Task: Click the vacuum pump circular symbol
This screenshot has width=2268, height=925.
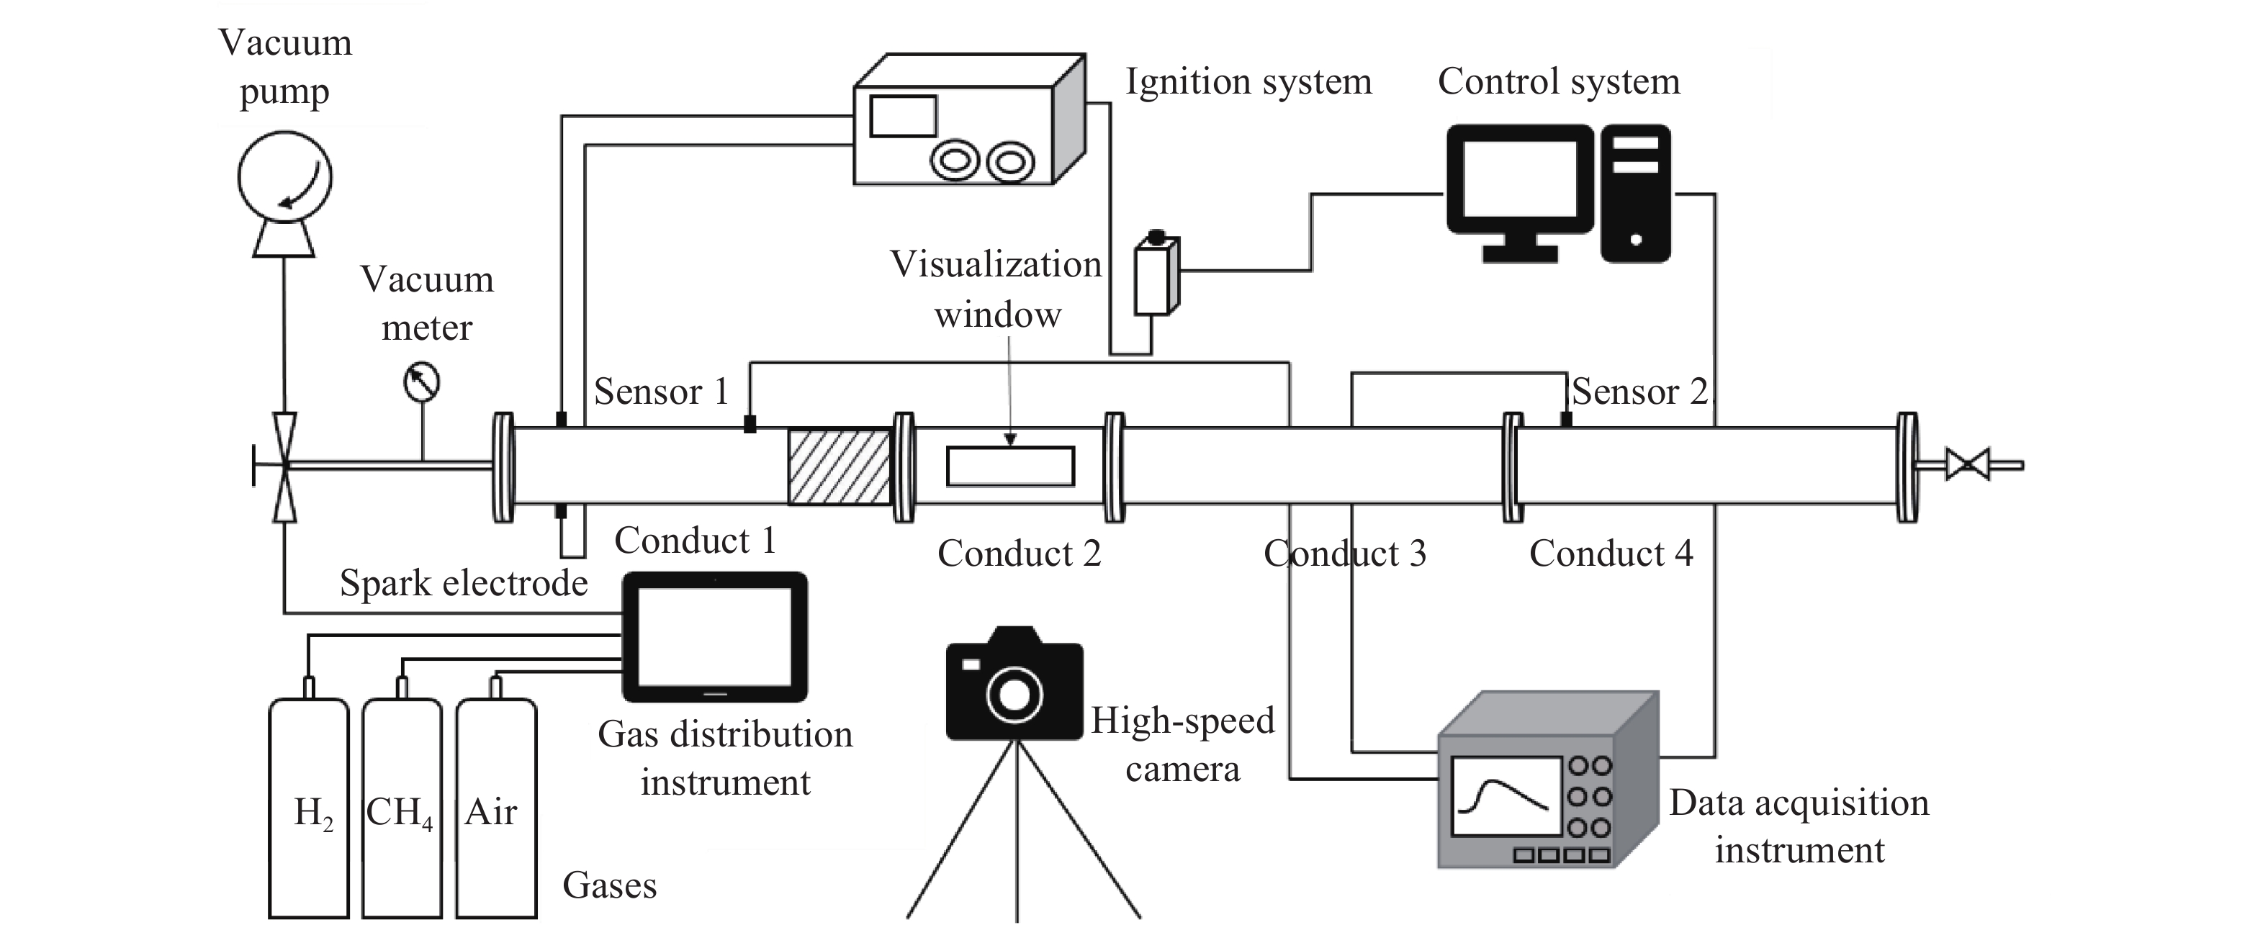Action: (284, 177)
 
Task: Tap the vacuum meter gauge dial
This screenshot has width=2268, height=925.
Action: (421, 383)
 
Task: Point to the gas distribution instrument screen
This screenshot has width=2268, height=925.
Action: (714, 636)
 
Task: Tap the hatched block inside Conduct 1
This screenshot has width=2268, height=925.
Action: (839, 466)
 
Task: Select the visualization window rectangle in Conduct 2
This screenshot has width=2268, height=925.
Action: (1010, 466)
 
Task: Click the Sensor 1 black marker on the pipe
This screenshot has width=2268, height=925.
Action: (750, 424)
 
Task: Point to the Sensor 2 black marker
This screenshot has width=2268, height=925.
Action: (1566, 420)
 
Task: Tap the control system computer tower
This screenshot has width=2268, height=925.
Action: (1635, 193)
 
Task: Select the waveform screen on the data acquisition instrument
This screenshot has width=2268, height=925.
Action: (1506, 795)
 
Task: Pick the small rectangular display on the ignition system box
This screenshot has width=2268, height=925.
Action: (902, 116)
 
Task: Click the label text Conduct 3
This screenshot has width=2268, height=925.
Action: (1344, 554)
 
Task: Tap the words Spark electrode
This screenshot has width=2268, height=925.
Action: (463, 582)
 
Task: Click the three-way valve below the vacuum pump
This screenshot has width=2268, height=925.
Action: (284, 466)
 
